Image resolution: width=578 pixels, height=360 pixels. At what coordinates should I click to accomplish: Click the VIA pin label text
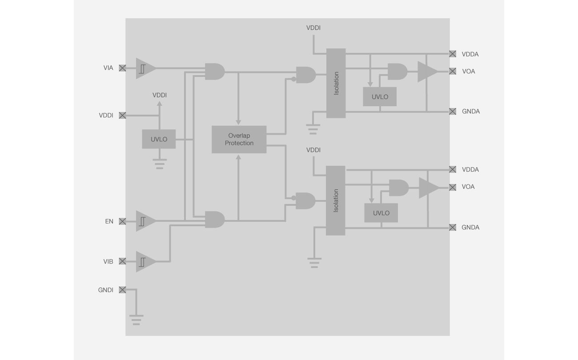pyautogui.click(x=108, y=68)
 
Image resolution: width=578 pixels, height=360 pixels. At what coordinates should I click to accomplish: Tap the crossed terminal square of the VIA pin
pyautogui.click(x=122, y=68)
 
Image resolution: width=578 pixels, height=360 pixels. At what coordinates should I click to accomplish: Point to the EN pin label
pyautogui.click(x=109, y=221)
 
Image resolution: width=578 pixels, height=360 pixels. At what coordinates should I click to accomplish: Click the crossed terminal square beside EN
pyautogui.click(x=122, y=221)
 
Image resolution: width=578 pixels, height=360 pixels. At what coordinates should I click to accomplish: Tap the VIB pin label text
pyautogui.click(x=108, y=261)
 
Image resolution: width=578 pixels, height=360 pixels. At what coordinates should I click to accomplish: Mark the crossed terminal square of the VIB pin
pyautogui.click(x=122, y=261)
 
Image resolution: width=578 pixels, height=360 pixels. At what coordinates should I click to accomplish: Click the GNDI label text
pyautogui.click(x=106, y=290)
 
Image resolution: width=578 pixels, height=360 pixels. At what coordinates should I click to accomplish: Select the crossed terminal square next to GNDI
pyautogui.click(x=122, y=290)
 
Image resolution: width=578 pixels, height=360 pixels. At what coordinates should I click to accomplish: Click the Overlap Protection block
pyautogui.click(x=239, y=140)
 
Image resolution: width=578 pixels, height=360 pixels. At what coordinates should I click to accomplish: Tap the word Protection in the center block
pyautogui.click(x=239, y=143)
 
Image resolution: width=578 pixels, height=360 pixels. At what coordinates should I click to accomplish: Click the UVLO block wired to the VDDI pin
pyautogui.click(x=159, y=139)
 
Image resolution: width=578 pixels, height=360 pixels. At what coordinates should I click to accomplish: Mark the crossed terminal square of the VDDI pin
pyautogui.click(x=122, y=115)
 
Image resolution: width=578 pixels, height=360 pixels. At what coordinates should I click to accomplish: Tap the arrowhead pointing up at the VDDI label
pyautogui.click(x=160, y=104)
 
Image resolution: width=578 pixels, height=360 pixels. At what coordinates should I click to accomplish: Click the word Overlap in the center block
pyautogui.click(x=239, y=136)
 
